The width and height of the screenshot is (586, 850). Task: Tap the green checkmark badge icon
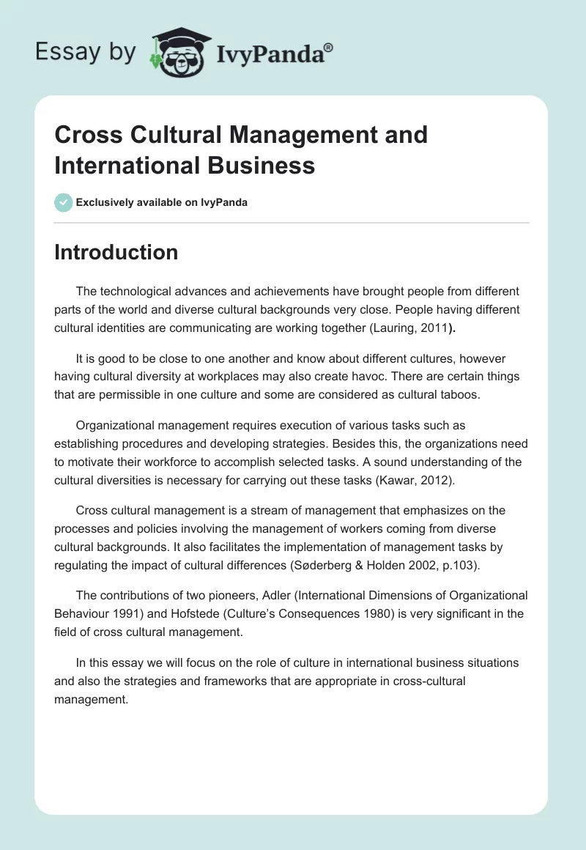[64, 202]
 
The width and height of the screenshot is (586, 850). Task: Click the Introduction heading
[116, 252]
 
